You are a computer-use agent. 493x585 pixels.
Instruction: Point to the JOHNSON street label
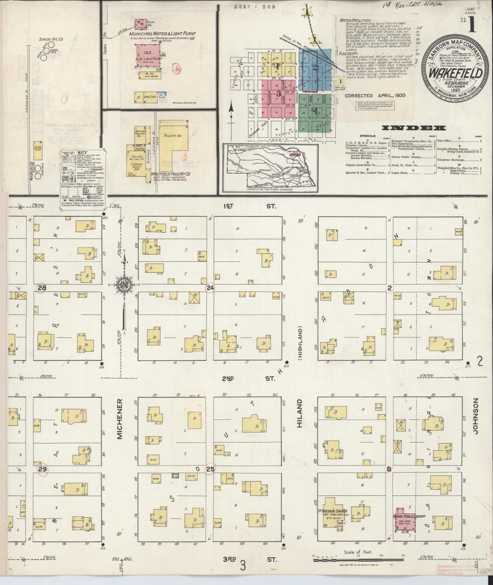[x=474, y=418]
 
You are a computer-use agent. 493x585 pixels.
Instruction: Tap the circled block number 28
[x=41, y=288]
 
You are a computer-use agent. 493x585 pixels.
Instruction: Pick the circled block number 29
[x=42, y=478]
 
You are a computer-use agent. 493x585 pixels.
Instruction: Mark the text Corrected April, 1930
[x=375, y=95]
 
